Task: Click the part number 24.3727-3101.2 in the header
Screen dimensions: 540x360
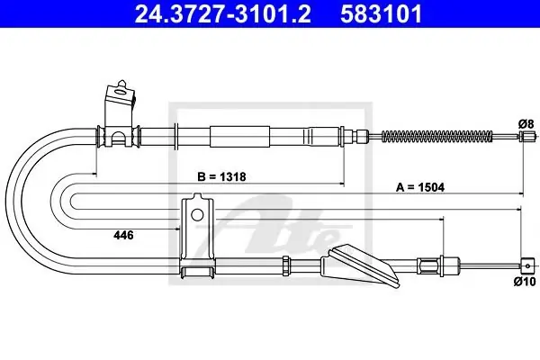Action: tap(223, 13)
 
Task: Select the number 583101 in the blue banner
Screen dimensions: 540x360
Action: tap(382, 13)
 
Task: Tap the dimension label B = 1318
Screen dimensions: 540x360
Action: tap(221, 176)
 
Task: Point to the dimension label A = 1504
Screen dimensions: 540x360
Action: tap(420, 187)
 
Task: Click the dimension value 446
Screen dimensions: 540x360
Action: tap(123, 235)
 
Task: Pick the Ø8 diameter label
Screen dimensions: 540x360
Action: tap(526, 123)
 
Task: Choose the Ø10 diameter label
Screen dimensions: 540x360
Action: tap(525, 282)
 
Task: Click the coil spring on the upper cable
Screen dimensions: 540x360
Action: tap(437, 137)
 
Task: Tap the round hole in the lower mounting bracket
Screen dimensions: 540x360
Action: tap(197, 215)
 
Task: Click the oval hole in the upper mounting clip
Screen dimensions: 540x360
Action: tap(121, 92)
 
